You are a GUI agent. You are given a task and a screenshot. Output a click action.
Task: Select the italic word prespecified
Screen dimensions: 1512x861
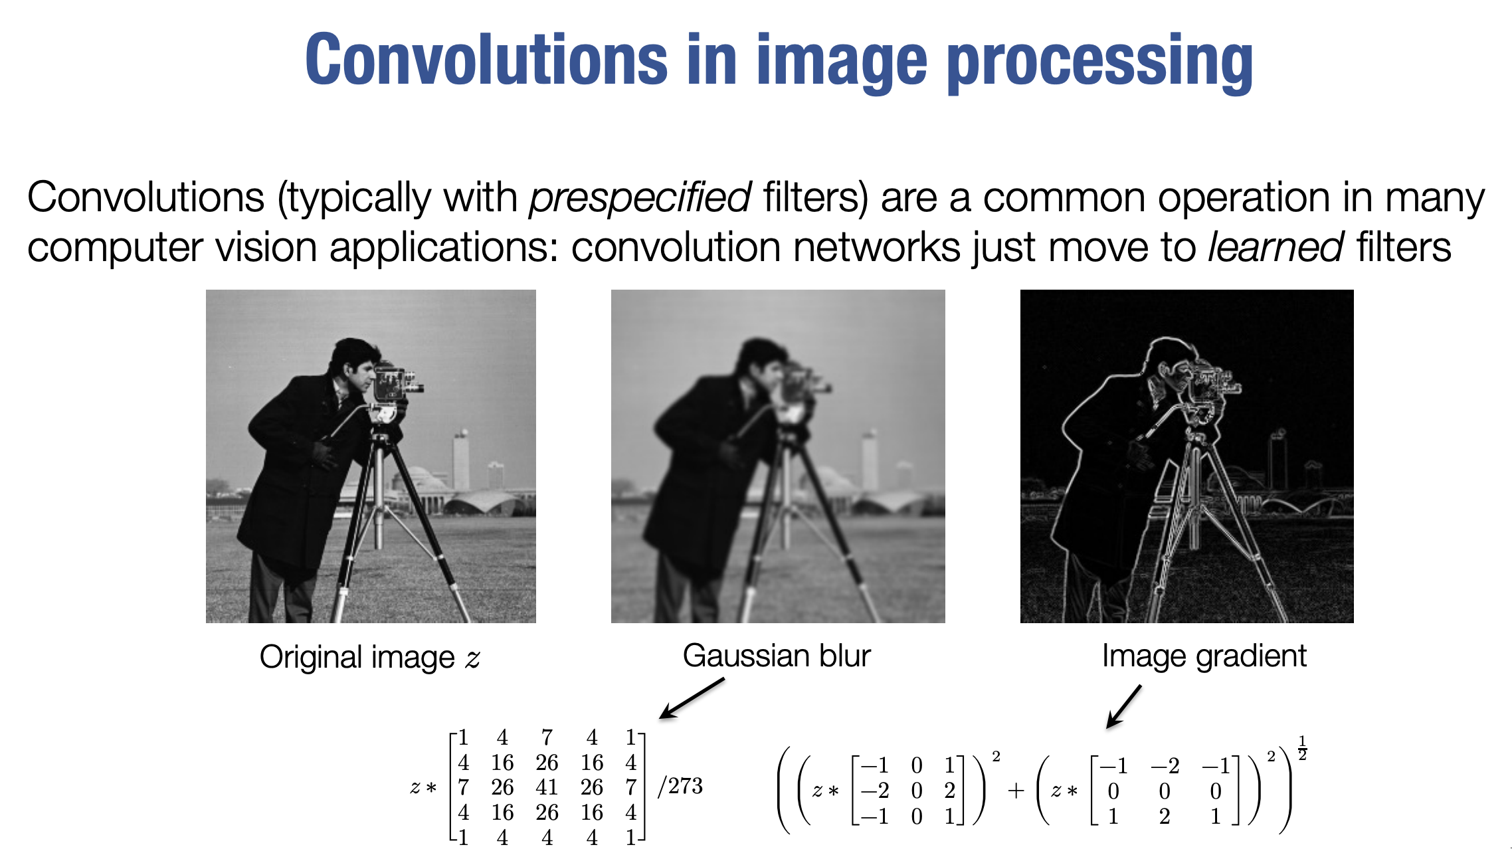[x=640, y=198]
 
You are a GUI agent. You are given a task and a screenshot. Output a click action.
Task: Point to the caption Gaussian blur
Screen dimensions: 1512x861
[x=777, y=656]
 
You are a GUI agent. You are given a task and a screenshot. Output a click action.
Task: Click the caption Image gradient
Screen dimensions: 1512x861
[x=1204, y=656]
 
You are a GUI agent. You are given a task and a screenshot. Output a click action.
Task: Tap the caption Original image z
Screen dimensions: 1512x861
[x=370, y=658]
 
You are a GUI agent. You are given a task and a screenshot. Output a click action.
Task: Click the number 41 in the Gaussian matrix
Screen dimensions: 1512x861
[x=547, y=787]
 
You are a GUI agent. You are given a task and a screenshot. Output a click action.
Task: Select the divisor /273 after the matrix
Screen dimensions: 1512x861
[x=680, y=787]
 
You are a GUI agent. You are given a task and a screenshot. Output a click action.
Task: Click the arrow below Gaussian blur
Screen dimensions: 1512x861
[x=692, y=698]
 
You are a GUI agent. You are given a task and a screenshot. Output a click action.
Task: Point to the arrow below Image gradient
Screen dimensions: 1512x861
[x=1123, y=707]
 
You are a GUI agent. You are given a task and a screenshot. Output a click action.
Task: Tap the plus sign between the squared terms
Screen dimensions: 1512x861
[x=1016, y=791]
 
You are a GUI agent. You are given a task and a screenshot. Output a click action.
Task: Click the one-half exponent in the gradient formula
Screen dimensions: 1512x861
[x=1303, y=748]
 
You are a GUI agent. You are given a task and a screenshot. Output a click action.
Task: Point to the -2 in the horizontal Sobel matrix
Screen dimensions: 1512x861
[x=875, y=791]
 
